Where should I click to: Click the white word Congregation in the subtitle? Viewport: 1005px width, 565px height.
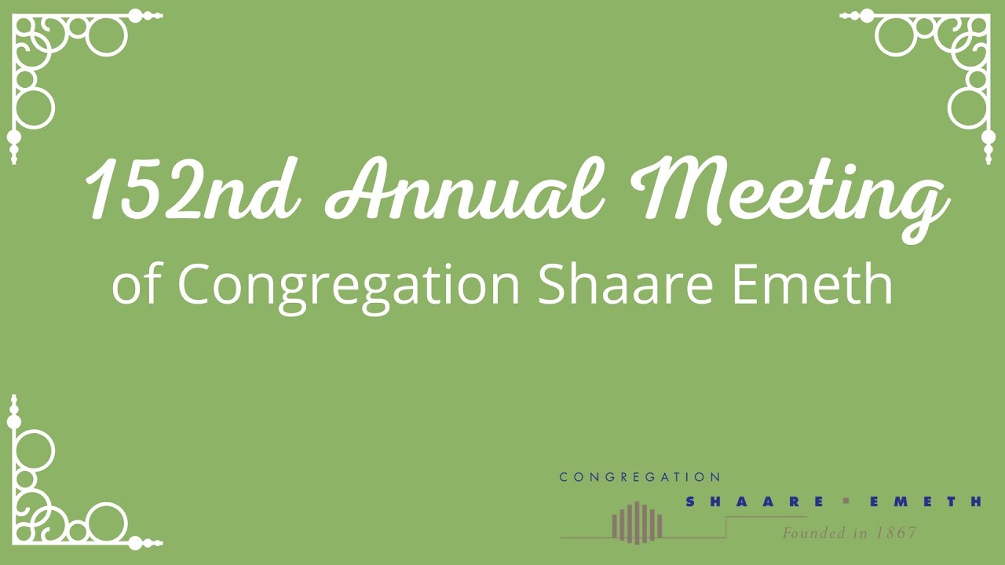[349, 286]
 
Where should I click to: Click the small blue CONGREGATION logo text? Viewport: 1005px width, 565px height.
[639, 477]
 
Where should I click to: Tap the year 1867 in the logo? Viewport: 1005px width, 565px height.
[896, 534]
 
